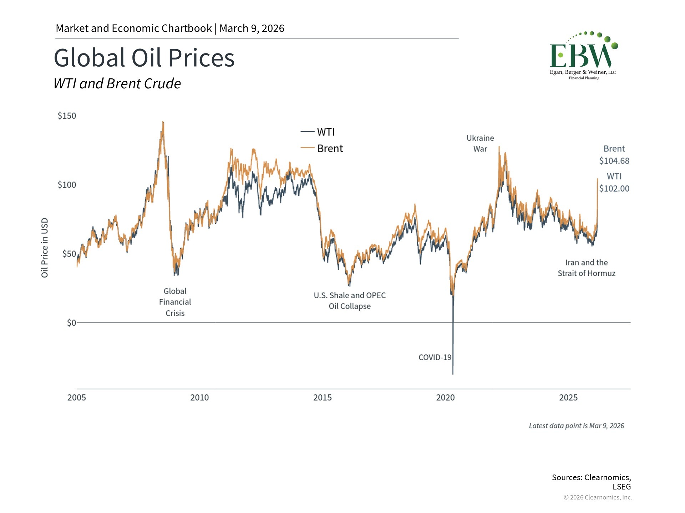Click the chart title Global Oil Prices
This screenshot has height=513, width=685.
[144, 58]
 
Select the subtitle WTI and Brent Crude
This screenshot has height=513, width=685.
[117, 84]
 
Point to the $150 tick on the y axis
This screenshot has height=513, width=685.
[67, 116]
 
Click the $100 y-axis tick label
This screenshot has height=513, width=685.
[67, 185]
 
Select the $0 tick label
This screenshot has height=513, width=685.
[71, 323]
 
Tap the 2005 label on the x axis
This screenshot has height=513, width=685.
[77, 398]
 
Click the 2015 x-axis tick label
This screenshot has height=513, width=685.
[323, 398]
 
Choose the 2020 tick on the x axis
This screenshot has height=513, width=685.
[445, 398]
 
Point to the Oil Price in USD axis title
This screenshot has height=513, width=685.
[45, 248]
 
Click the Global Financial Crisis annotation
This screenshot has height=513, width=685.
[175, 302]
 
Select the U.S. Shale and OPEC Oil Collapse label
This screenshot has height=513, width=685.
[350, 301]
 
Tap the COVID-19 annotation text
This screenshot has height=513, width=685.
[435, 357]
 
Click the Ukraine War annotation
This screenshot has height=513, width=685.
[480, 144]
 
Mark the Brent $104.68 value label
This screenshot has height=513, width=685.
[614, 155]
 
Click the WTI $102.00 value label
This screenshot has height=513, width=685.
[614, 182]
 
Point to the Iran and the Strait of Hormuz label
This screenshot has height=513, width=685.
[587, 268]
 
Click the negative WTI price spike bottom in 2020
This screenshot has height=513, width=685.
[453, 373]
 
